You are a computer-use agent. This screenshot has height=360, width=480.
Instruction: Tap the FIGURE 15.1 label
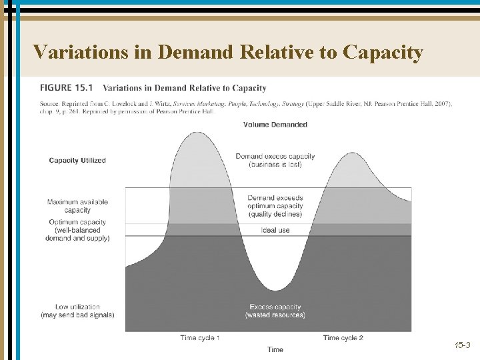67,88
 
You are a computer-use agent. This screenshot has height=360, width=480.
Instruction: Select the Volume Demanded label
275,125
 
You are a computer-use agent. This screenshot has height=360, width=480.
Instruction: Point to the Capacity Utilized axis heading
77,161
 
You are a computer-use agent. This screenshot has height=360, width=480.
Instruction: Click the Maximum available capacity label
77,206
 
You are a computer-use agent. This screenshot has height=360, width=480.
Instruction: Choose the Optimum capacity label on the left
77,230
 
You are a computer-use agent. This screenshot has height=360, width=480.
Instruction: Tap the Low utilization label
77,311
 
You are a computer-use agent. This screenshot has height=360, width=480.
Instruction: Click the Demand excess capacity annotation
275,160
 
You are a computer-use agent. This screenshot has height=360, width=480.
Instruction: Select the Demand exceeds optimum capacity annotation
275,206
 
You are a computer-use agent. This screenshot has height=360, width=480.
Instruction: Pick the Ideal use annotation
275,230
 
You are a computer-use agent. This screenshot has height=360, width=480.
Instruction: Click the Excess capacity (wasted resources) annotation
275,311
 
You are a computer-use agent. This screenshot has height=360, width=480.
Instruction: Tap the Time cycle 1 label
200,338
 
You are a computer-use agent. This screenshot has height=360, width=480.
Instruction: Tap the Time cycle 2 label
343,338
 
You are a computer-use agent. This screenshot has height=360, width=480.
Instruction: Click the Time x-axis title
275,349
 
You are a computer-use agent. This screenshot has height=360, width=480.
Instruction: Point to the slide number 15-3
462,345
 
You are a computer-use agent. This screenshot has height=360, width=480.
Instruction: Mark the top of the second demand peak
350,153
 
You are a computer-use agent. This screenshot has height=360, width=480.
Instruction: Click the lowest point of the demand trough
275,290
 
